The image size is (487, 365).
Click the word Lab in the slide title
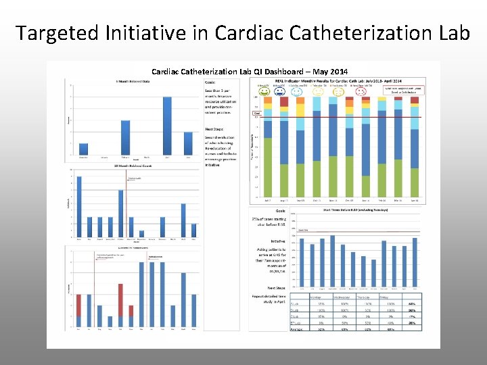pyautogui.click(x=449, y=32)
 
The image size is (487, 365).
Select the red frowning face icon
pyautogui.click(x=360, y=93)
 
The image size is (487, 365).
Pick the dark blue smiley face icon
pyautogui.click(x=279, y=93)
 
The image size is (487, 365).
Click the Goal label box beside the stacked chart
pyautogui.click(x=257, y=114)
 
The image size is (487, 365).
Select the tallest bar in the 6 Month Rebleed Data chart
pyautogui.click(x=167, y=126)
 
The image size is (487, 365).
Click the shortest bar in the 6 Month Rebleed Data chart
pyautogui.click(x=83, y=149)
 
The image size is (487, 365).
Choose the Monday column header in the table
pyautogui.click(x=316, y=297)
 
